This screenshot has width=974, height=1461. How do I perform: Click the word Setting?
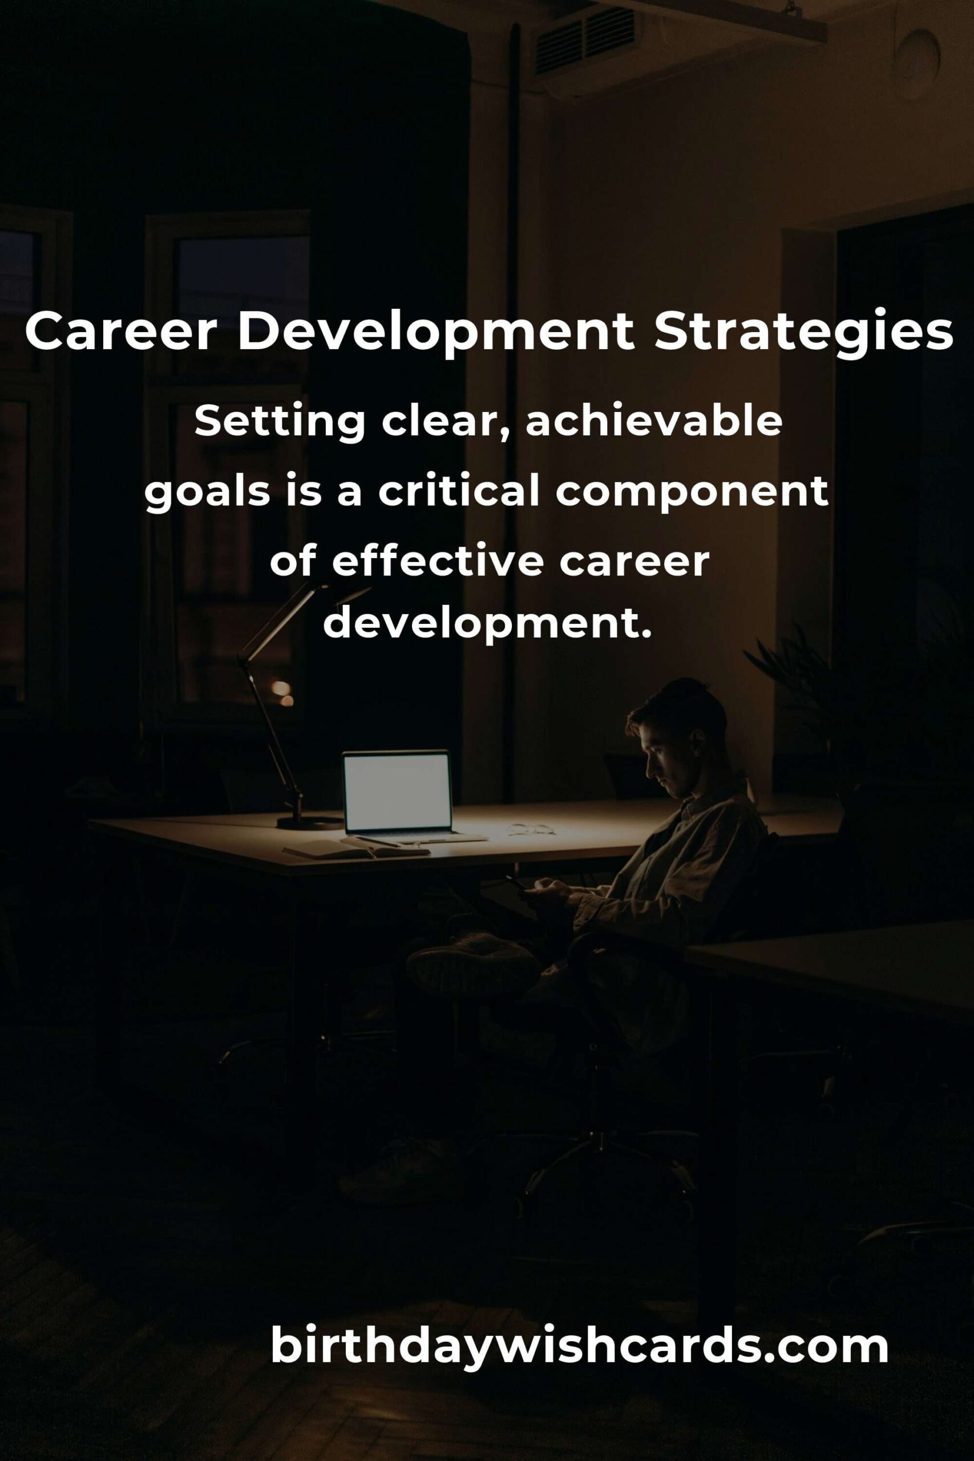[x=280, y=423]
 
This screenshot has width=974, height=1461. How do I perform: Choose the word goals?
[x=208, y=494]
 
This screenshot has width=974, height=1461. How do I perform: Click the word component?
[x=692, y=494]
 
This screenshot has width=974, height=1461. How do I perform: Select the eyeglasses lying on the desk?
[x=531, y=829]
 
